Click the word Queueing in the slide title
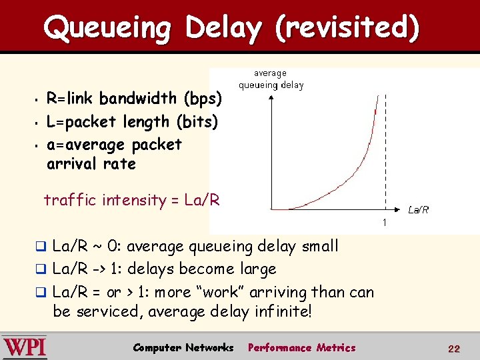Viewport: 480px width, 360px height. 107,28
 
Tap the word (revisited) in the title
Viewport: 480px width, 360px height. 347,28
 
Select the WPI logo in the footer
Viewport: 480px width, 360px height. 25,347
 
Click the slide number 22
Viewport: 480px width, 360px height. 454,349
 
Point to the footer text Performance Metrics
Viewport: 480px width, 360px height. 301,348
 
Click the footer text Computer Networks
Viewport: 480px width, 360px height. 183,348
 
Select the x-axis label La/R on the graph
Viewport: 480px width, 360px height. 418,209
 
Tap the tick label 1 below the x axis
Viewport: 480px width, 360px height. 385,221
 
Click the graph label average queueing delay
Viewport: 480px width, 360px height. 271,79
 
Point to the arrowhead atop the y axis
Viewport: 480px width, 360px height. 271,97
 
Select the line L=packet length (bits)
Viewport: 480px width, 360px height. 132,122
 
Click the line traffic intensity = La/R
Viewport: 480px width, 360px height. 131,200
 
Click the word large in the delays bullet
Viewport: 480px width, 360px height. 256,269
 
